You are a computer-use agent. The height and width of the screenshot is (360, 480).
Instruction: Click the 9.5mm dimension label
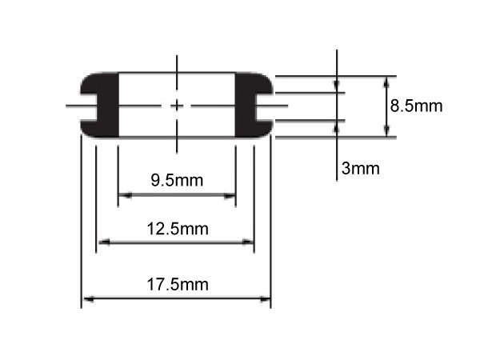point(177,180)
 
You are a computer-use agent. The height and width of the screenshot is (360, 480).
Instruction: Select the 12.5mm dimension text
point(178,229)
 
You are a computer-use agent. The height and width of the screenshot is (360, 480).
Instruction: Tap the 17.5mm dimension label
point(178,284)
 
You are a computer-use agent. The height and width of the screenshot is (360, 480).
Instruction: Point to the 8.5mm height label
point(416,106)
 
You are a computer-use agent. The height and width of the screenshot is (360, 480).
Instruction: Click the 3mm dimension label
point(360,168)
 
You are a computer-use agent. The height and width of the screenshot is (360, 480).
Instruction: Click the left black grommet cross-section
point(100,105)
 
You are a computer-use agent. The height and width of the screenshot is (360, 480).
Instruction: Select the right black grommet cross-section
point(254,105)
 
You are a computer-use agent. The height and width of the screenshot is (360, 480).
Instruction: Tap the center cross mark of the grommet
point(177,106)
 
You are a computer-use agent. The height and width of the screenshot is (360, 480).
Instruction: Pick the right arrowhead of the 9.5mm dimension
point(230,195)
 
